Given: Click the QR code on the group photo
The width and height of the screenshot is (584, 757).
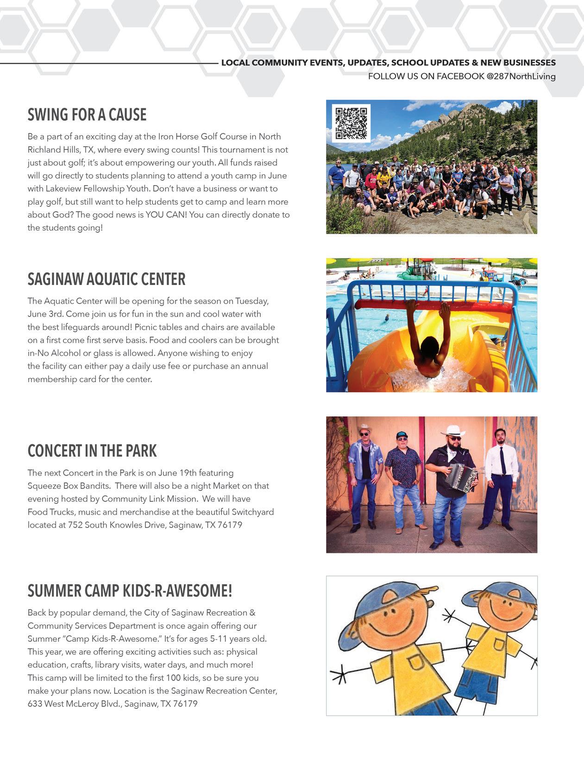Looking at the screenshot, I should click(351, 123).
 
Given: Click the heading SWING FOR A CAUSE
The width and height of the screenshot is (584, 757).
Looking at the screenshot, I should click(87, 115).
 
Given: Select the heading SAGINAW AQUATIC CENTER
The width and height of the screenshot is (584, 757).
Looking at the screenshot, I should click(107, 279).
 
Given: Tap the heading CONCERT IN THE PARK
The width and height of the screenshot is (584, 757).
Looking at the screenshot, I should click(92, 451).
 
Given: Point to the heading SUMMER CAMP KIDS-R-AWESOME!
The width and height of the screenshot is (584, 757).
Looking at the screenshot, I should click(130, 591).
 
